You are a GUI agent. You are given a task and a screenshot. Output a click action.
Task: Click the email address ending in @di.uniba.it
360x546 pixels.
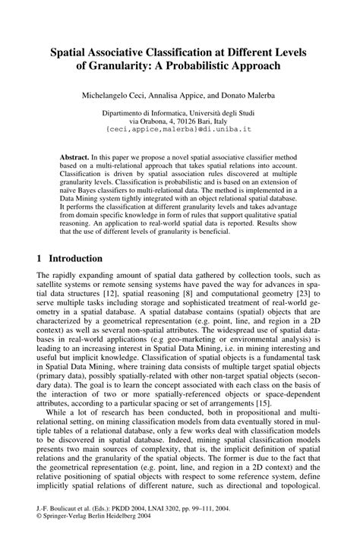click(x=179, y=130)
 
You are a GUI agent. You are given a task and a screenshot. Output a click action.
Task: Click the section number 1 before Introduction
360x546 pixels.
click(x=39, y=258)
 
